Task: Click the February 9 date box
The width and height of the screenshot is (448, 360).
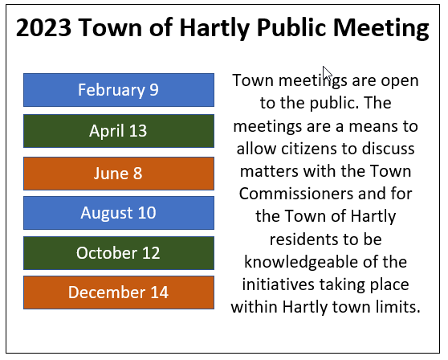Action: point(119,90)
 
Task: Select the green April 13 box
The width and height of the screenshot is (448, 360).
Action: point(119,131)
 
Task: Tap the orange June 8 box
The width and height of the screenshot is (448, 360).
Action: point(119,174)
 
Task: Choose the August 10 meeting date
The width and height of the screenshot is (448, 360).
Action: point(119,213)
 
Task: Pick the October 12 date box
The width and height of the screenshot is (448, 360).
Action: point(119,253)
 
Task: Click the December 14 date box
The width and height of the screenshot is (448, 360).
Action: point(119,292)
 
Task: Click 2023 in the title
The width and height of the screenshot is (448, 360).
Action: point(43,27)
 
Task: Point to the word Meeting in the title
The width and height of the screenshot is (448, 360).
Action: point(381,28)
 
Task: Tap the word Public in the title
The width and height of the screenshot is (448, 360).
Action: point(291,27)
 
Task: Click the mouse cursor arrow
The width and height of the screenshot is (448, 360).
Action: point(327,75)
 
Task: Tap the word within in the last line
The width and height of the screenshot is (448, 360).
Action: point(255,307)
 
